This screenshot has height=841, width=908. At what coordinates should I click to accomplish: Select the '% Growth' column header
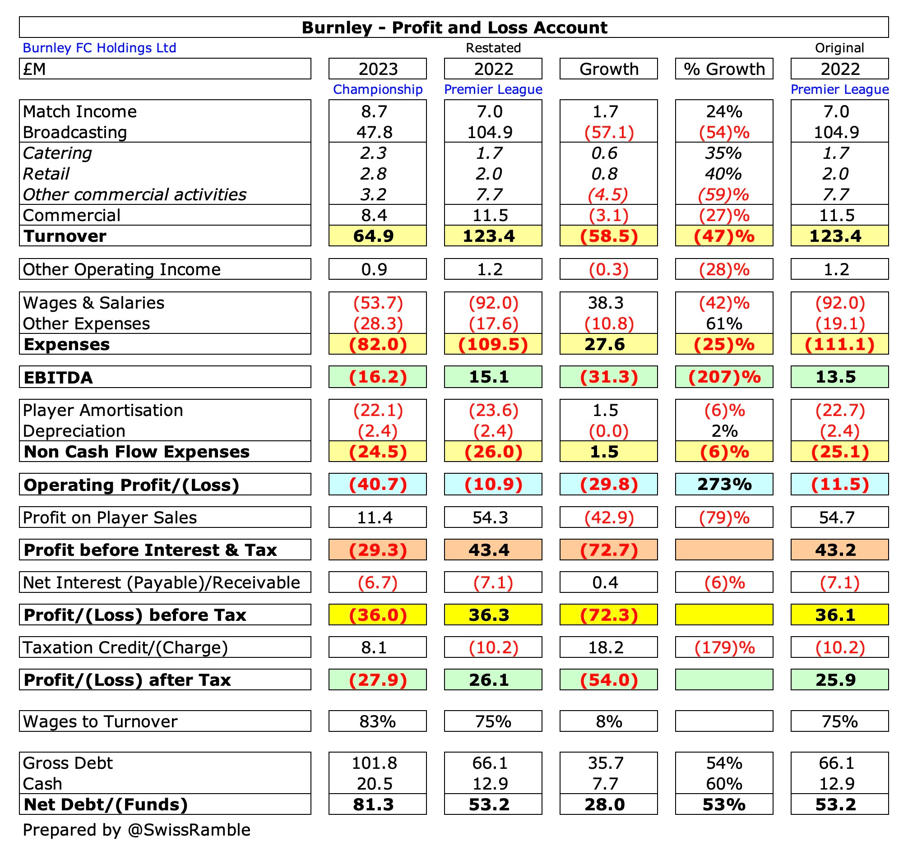tap(724, 69)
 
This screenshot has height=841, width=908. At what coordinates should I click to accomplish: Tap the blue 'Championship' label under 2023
tap(377, 89)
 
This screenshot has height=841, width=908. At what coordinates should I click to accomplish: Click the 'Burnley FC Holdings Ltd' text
tap(99, 48)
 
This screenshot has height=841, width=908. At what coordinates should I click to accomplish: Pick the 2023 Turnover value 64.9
tap(374, 236)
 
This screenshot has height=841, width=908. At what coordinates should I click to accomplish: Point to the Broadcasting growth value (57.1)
tap(608, 133)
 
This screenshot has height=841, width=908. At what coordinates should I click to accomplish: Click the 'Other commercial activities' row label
tap(134, 195)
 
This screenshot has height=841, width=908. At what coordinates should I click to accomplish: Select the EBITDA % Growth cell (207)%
tap(724, 377)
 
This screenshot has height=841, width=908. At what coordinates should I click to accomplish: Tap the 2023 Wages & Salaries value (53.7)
tap(378, 303)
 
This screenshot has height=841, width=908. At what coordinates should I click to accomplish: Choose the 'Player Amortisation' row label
tap(103, 411)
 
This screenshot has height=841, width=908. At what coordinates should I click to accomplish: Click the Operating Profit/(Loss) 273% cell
tap(724, 485)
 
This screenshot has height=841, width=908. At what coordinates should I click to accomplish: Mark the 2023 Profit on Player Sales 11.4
tap(374, 518)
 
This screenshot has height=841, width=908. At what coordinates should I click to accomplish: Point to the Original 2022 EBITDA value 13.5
tap(836, 377)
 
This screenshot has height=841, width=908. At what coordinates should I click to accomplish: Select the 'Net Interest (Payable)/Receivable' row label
tap(161, 582)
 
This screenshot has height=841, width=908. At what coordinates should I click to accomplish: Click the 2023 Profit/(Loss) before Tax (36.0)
tap(378, 615)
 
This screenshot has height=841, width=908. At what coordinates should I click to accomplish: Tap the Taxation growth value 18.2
tap(605, 647)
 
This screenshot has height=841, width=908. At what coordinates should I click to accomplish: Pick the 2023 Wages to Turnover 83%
tap(377, 721)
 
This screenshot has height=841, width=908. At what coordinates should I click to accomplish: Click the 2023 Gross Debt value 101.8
tap(374, 763)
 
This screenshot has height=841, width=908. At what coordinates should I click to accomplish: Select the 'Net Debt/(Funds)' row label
tap(106, 804)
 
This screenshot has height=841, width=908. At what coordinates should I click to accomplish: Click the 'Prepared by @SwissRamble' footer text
tap(137, 830)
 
